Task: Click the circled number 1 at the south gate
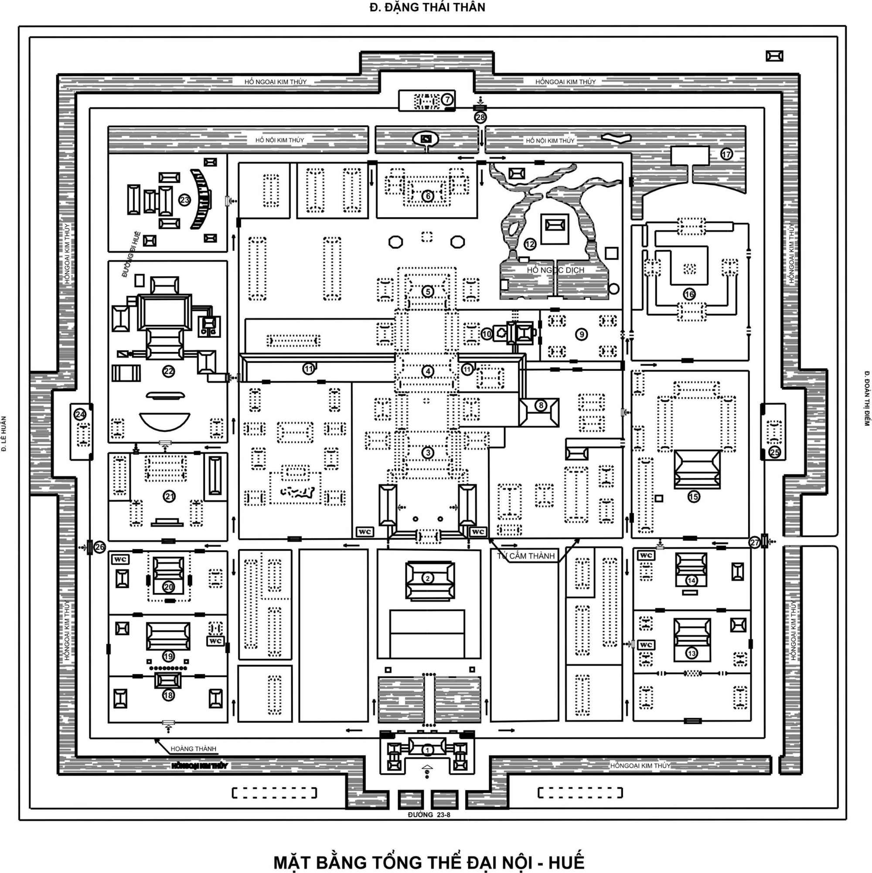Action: pyautogui.click(x=427, y=750)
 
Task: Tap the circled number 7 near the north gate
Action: pyautogui.click(x=447, y=99)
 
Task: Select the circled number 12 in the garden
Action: pyautogui.click(x=530, y=245)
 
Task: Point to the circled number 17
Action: pyautogui.click(x=726, y=154)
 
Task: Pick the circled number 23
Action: pyautogui.click(x=184, y=200)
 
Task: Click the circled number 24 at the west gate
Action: pyautogui.click(x=80, y=414)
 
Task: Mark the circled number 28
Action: pyautogui.click(x=480, y=117)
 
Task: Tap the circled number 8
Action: pyautogui.click(x=541, y=406)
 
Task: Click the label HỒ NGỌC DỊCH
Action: pyautogui.click(x=555, y=270)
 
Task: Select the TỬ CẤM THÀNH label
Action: pyautogui.click(x=526, y=556)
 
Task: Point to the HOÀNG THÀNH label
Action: pyautogui.click(x=194, y=749)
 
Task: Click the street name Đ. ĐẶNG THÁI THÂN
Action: pyautogui.click(x=427, y=8)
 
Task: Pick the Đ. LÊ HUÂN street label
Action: pyautogui.click(x=4, y=434)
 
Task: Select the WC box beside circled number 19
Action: pyautogui.click(x=215, y=641)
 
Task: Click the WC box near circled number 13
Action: pyautogui.click(x=646, y=645)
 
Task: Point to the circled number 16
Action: pyautogui.click(x=689, y=294)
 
